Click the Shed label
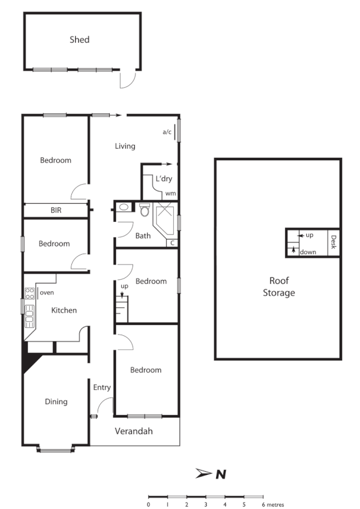point(79,40)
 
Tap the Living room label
point(125,146)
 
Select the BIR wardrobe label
point(56,210)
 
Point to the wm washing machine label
point(170,193)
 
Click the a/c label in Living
point(167,132)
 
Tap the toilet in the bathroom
point(145,210)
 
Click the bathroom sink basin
point(124,207)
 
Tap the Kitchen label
point(64,310)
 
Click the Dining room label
point(56,402)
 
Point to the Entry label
point(102,387)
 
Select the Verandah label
point(134,432)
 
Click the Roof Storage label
point(279,287)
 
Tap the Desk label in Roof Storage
point(333,243)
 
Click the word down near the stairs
point(308,251)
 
